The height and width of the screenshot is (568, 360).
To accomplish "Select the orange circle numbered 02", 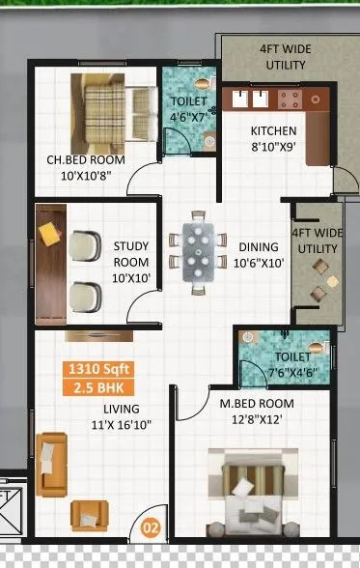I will pos(151,527).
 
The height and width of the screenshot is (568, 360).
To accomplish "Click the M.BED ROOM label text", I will pos(251,402).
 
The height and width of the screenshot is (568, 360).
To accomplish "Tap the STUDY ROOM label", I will pos(131,254).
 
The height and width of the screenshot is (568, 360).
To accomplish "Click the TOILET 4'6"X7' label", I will pos(189,109).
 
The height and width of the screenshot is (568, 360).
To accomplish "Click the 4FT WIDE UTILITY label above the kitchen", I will pos(286,57).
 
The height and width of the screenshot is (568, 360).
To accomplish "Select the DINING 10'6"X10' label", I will pos(258,254).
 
